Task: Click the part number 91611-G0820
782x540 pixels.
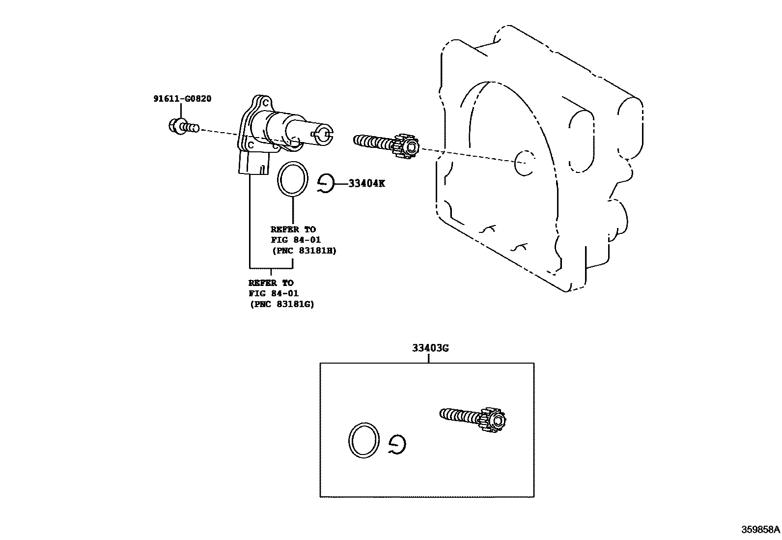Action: click(x=182, y=99)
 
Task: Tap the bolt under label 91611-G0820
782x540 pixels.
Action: click(x=182, y=126)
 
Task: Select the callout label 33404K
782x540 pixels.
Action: click(x=366, y=183)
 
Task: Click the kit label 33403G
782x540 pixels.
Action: click(x=430, y=348)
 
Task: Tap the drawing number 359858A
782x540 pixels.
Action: click(x=760, y=530)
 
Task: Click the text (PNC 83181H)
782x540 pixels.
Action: click(x=304, y=250)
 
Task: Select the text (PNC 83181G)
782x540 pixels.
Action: click(x=281, y=304)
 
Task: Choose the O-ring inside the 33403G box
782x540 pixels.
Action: click(x=364, y=440)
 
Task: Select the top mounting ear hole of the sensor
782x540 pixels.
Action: click(x=265, y=104)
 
